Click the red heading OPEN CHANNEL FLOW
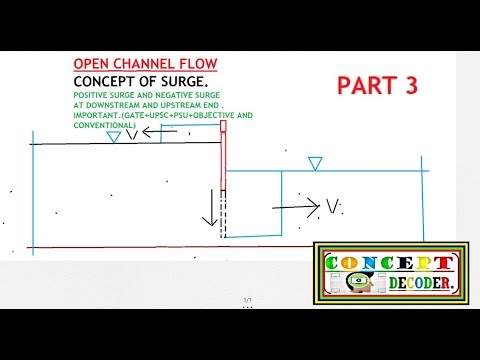pos(145,65)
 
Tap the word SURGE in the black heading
pos(181,81)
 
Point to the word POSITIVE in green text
pos(92,94)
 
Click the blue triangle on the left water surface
pos(113,137)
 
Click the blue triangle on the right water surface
pos(316,163)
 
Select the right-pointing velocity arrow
pos(296,206)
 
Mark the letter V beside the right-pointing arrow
pos(333,207)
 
